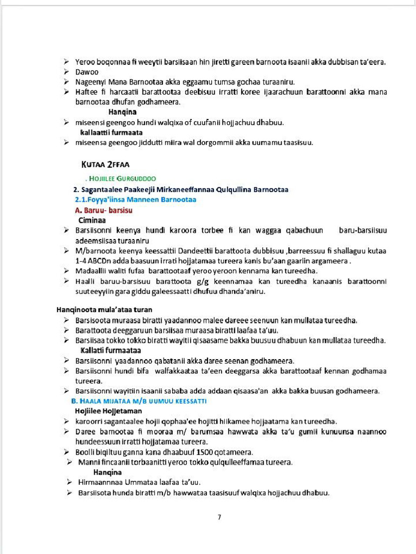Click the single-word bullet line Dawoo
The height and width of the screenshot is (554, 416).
point(87,72)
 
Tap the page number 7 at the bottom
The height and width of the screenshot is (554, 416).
point(219,517)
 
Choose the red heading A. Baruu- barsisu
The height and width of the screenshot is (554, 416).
point(104,210)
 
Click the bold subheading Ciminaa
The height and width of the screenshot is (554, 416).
point(92,220)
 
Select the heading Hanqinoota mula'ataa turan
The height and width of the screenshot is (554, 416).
point(104,310)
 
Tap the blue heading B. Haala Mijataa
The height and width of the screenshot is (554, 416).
point(139,401)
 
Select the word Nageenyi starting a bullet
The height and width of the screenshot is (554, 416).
point(90,82)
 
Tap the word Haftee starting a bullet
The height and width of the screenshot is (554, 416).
point(86,92)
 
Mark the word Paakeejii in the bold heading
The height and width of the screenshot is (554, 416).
point(142,189)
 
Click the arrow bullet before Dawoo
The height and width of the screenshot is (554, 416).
point(66,72)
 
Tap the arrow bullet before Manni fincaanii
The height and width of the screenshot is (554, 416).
point(69,462)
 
